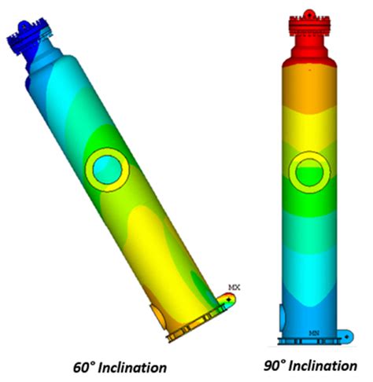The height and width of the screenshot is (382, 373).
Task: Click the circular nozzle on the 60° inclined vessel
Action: pyautogui.click(x=105, y=168)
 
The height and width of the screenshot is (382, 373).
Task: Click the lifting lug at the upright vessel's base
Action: pyautogui.click(x=345, y=337)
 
